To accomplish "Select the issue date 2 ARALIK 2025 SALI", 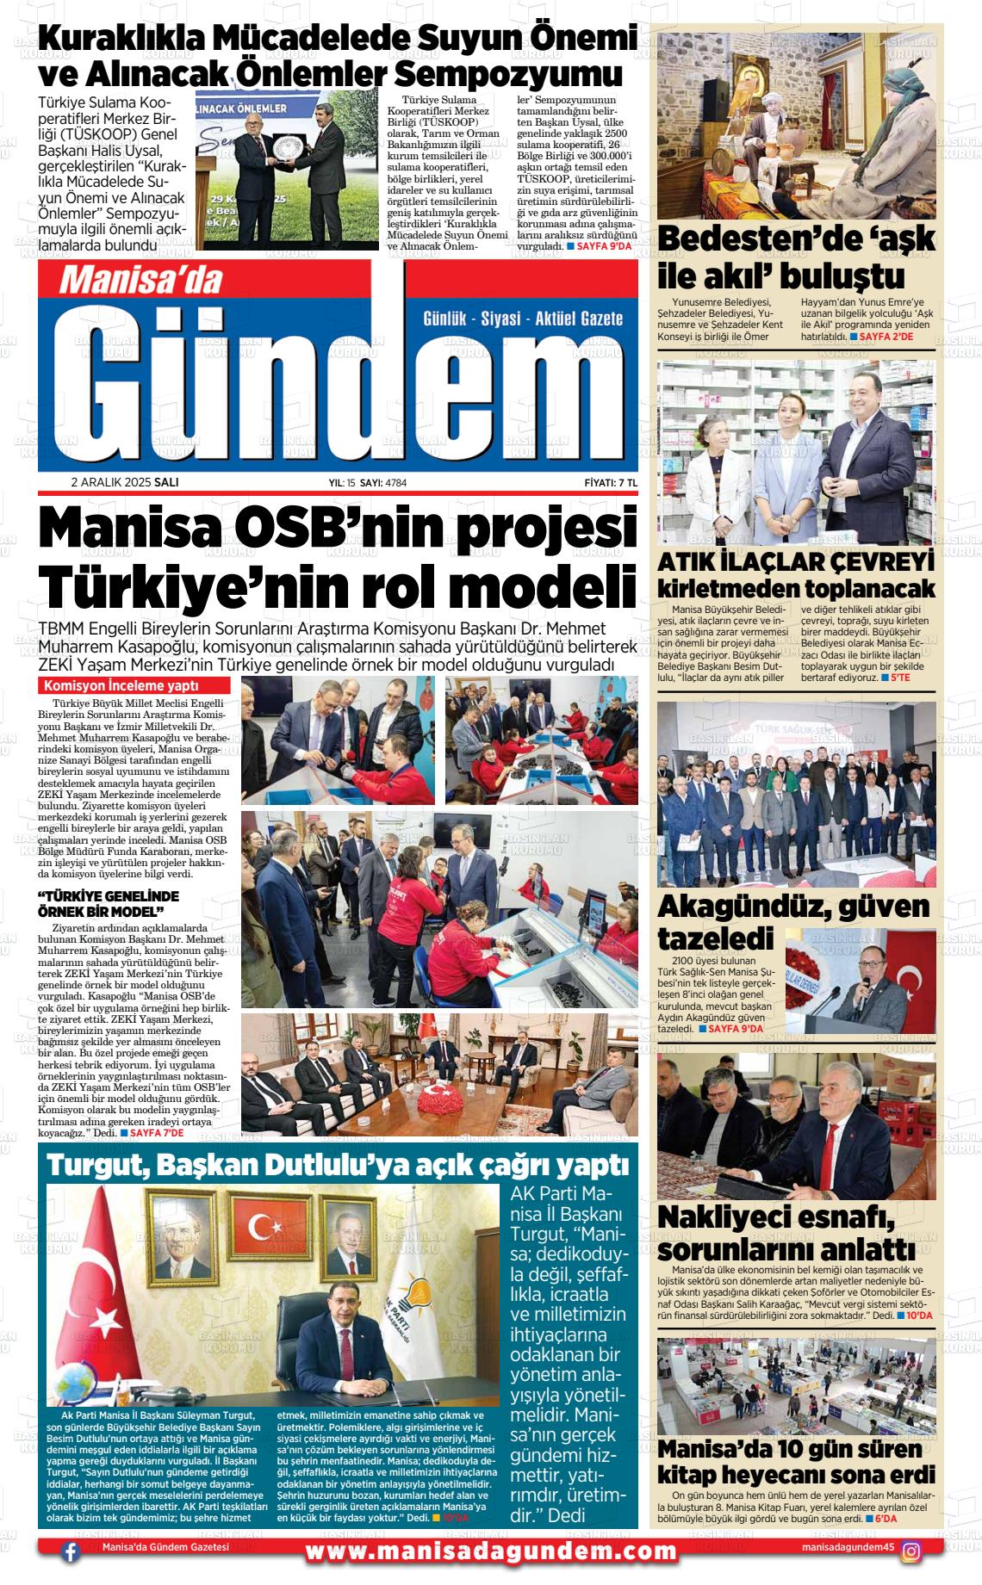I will click(x=125, y=483).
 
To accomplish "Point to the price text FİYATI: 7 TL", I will click(x=610, y=483).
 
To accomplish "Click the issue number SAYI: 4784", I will click(x=383, y=483).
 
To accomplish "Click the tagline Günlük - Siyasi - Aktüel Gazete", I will click(x=523, y=319).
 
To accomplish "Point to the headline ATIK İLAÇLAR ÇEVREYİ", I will click(x=796, y=562).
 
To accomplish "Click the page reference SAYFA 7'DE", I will click(x=157, y=1134).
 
